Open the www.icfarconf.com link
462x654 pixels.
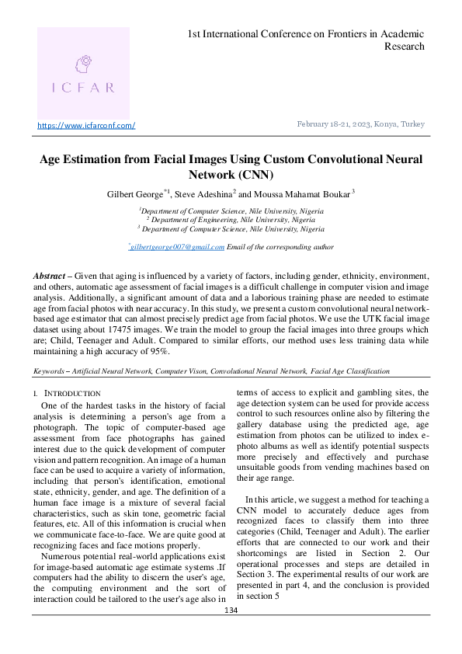point(86,126)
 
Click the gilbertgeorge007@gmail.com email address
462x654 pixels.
point(177,247)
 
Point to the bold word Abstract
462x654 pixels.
point(49,277)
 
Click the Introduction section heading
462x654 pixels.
point(72,394)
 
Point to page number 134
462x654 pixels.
point(231,632)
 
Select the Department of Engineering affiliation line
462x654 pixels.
point(231,220)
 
